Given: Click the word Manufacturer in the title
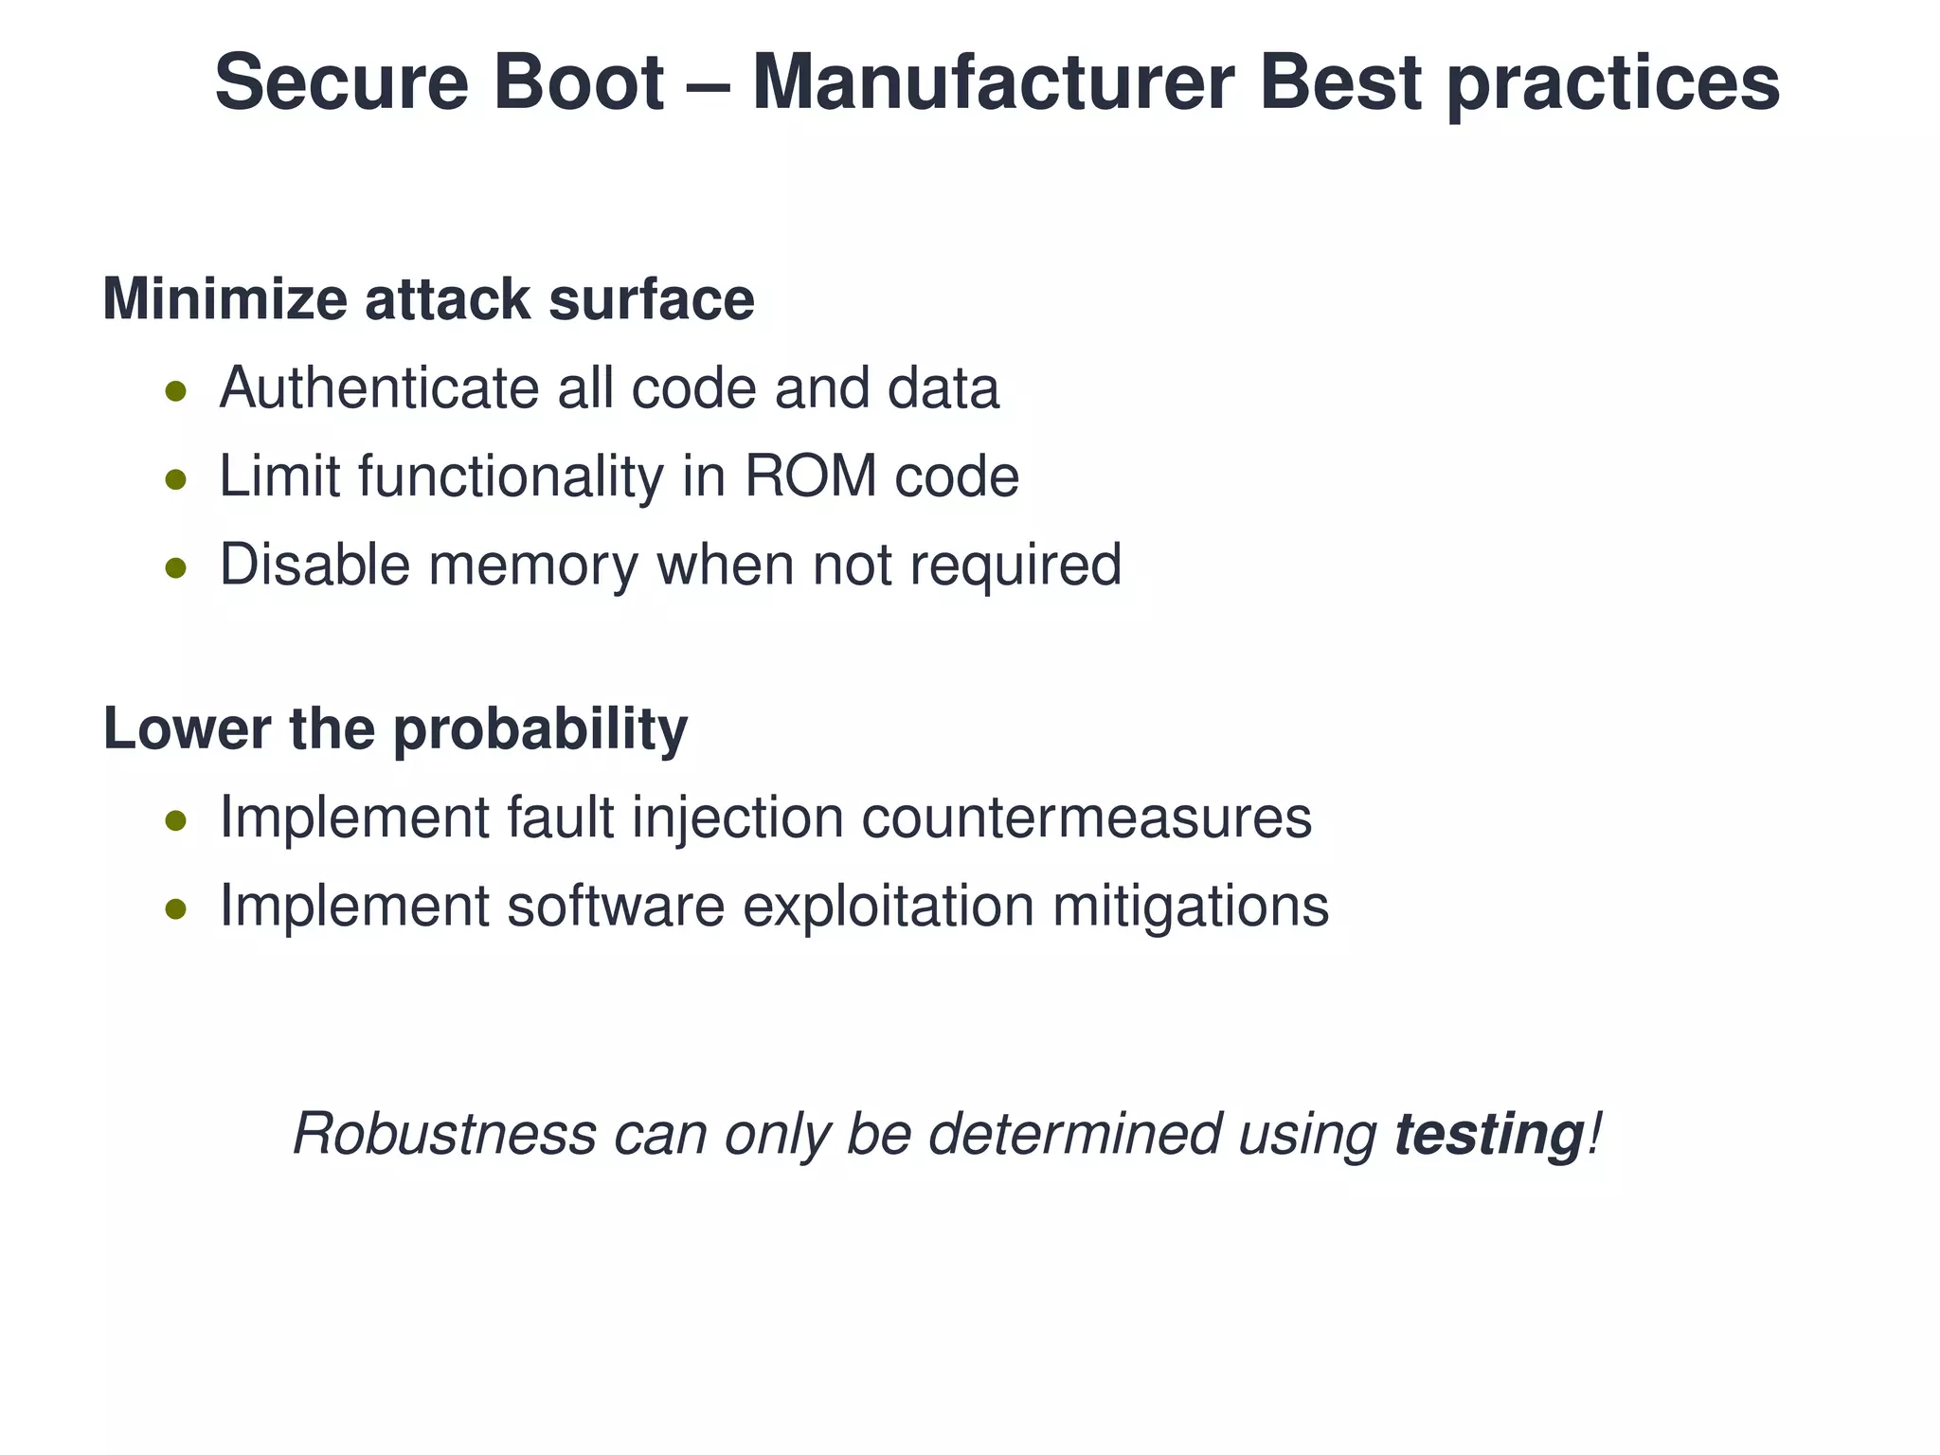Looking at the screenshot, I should coord(993,83).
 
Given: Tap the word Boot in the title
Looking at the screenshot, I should coord(578,83).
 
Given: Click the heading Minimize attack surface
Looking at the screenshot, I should coord(428,299).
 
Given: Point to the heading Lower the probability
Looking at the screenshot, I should coord(395,729).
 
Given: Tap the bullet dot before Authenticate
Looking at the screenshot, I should coord(175,391).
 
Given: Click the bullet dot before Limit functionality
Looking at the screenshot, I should coord(175,479).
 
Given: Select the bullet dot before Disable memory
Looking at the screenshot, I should coord(175,567).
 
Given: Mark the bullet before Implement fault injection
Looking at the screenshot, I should coord(175,820).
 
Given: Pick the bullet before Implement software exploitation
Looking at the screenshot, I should coord(175,908).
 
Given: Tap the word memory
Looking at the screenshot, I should coord(533,566).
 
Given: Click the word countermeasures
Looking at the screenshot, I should coord(1087,817).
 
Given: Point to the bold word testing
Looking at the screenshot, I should coord(1488,1135).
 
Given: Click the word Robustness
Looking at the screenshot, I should coord(445,1134).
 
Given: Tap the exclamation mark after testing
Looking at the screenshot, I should coord(1593,1133).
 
